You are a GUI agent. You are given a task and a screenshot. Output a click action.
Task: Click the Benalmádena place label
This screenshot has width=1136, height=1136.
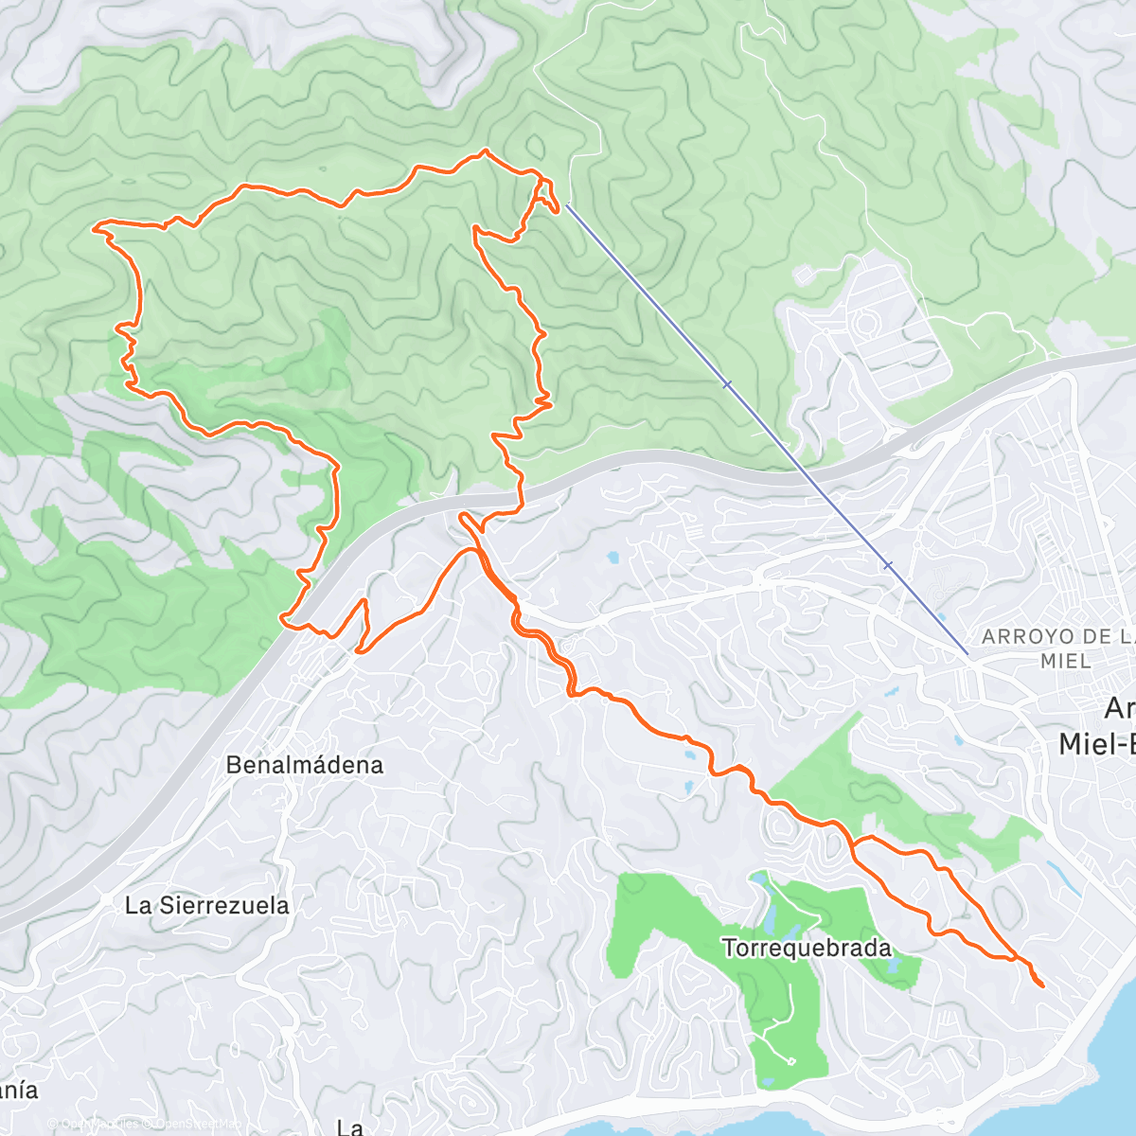coord(305,765)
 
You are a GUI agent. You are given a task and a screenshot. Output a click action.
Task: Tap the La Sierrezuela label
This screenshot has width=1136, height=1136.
coord(207,906)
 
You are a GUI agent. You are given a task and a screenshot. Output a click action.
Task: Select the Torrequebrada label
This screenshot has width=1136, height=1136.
coord(807,948)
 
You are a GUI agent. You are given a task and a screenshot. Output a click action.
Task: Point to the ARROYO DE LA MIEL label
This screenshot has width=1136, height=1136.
coord(1056,648)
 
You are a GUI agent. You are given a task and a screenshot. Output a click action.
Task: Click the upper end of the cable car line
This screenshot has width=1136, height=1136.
coord(567,204)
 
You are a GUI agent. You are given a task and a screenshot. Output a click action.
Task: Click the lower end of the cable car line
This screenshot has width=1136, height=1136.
coord(967,653)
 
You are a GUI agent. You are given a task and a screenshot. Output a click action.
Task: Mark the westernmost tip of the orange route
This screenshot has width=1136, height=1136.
coord(93,227)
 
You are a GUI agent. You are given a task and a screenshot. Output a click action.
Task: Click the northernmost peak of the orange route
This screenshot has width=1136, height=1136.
coord(485,151)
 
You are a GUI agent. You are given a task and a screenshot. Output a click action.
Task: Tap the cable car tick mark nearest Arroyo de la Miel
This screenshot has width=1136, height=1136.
coord(887,565)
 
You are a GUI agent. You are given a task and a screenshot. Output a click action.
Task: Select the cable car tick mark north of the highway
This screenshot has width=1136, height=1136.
coord(727,384)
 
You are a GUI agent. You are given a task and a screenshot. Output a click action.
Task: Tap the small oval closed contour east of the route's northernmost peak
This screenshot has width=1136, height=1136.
coord(536,148)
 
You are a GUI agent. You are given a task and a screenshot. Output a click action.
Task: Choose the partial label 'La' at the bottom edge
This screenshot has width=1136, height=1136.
coord(349,1127)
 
